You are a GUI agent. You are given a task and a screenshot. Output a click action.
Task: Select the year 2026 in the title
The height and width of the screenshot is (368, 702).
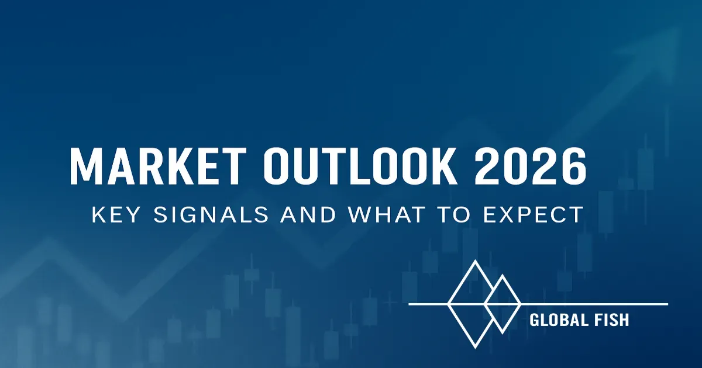click(530, 166)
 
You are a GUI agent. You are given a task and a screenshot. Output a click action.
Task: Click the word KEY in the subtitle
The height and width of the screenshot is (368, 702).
click(115, 214)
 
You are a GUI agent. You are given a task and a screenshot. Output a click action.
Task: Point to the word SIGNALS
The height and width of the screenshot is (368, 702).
click(211, 214)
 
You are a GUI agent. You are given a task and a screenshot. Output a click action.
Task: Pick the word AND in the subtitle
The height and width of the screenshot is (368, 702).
click(308, 214)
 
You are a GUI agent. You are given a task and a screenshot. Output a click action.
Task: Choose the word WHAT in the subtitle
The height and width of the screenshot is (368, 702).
click(387, 214)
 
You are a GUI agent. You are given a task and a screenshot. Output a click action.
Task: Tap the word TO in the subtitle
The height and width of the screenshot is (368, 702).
click(453, 214)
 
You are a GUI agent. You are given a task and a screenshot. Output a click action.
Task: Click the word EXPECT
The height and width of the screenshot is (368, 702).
click(533, 214)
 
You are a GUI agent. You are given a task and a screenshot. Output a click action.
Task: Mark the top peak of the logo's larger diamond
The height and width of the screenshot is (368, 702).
click(476, 261)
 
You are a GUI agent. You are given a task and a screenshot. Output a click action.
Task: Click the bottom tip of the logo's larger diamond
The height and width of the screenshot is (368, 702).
click(476, 348)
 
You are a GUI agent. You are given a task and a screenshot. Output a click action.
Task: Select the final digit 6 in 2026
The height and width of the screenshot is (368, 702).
click(573, 166)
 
